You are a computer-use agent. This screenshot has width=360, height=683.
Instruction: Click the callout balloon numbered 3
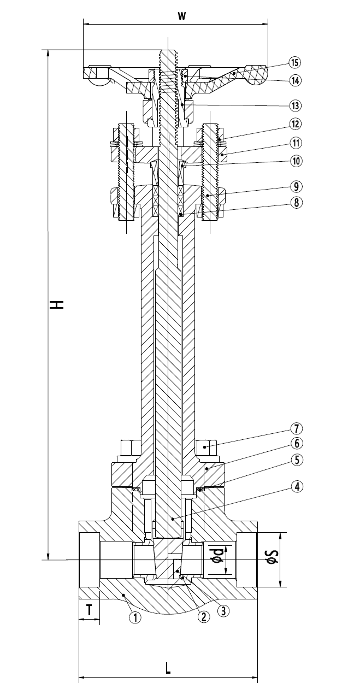tap(222, 611)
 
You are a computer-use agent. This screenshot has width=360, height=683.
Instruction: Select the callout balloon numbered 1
tap(134, 617)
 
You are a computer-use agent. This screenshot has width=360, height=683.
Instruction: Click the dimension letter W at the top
tap(182, 16)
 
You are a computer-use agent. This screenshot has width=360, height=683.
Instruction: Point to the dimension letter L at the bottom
tap(168, 668)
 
